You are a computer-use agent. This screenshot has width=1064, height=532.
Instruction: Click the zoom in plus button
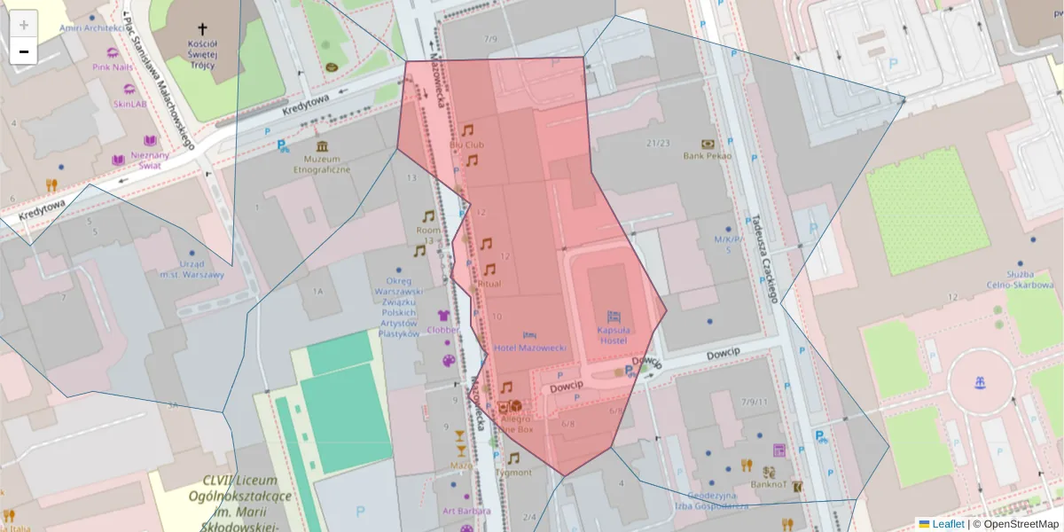24,25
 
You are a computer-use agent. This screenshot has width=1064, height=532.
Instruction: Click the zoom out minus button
24,51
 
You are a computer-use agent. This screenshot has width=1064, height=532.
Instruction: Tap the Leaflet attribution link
947,524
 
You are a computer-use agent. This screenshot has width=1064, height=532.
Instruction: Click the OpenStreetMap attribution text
1021,524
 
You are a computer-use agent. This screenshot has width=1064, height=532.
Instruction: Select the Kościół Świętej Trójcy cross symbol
203,28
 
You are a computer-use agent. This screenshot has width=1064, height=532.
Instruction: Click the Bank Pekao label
707,156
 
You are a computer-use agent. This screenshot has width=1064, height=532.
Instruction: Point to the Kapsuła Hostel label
613,335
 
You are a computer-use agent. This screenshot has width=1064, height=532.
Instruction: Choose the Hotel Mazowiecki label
530,348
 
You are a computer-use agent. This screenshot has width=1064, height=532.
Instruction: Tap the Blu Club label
466,144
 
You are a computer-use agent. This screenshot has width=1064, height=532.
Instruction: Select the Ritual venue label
489,284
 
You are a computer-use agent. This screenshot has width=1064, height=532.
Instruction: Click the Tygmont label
513,473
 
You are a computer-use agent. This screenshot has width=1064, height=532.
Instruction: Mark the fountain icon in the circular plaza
980,383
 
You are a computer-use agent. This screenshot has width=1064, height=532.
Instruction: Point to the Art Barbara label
466,511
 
